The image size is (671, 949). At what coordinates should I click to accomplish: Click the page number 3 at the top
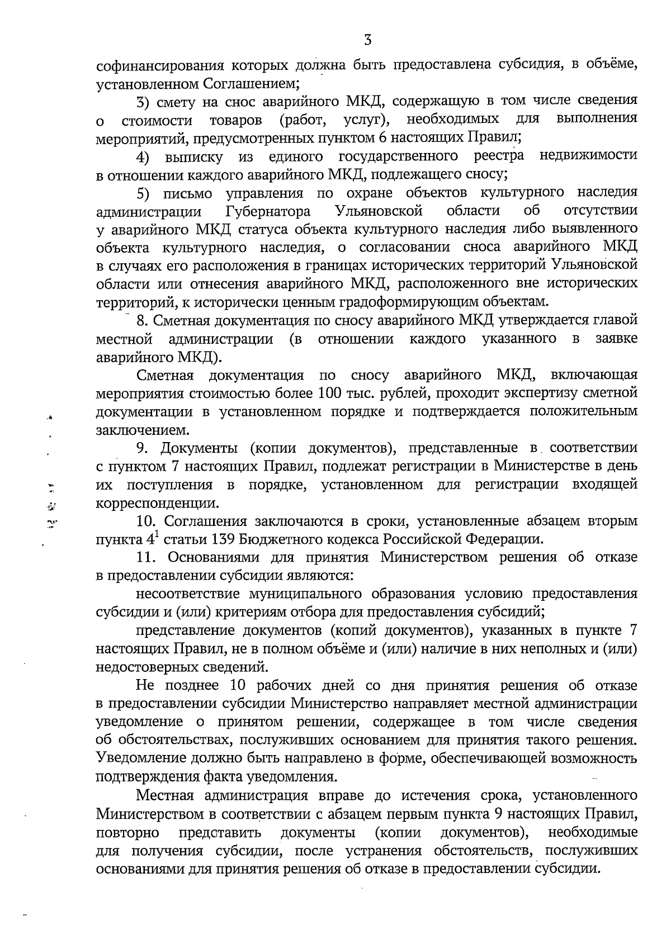(x=367, y=40)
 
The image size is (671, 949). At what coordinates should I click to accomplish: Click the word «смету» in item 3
(x=180, y=101)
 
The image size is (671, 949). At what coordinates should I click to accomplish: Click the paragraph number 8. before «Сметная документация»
(x=142, y=321)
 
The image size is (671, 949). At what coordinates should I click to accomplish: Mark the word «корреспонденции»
(x=157, y=503)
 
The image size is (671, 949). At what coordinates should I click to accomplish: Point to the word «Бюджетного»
(x=283, y=540)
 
